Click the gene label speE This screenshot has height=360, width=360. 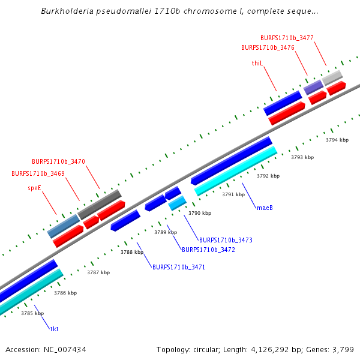pos(34,188)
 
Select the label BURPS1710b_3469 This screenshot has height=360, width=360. pos(38,173)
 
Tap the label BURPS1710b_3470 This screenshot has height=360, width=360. pos(58,161)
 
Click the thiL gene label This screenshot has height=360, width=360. pos(257,63)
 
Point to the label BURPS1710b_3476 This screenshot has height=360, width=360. pos(268,47)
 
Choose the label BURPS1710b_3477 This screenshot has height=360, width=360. pos(287,38)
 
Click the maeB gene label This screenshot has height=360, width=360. pos(265,208)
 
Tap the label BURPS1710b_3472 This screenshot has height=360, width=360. pos(208,250)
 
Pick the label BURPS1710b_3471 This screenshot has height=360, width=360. pos(179,267)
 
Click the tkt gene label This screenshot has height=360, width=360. pos(54,329)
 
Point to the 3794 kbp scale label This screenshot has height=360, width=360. pos(337,140)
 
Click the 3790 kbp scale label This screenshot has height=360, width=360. pos(200,213)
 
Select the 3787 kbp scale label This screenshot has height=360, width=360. pos(98,272)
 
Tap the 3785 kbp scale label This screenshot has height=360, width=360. pos(32,313)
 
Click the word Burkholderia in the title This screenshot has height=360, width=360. pos(66,11)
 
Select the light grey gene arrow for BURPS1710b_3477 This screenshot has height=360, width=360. pos(332,77)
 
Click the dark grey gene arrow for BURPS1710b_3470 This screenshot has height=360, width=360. pos(100,203)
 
